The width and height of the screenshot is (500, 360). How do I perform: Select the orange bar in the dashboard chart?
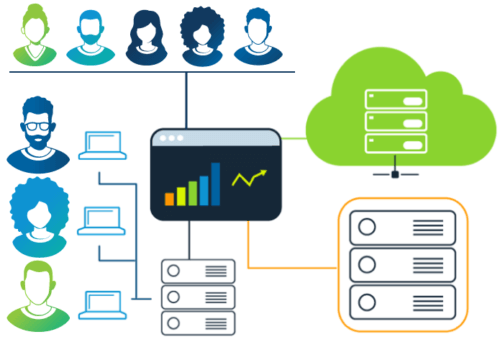pyautogui.click(x=170, y=198)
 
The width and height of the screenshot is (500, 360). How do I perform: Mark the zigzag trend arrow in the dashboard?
pyautogui.click(x=250, y=179)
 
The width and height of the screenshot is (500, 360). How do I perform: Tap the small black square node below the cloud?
pyautogui.click(x=396, y=174)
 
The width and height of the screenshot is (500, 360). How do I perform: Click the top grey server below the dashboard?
pyautogui.click(x=198, y=270)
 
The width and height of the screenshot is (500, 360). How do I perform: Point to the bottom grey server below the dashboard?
pyautogui.click(x=198, y=322)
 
